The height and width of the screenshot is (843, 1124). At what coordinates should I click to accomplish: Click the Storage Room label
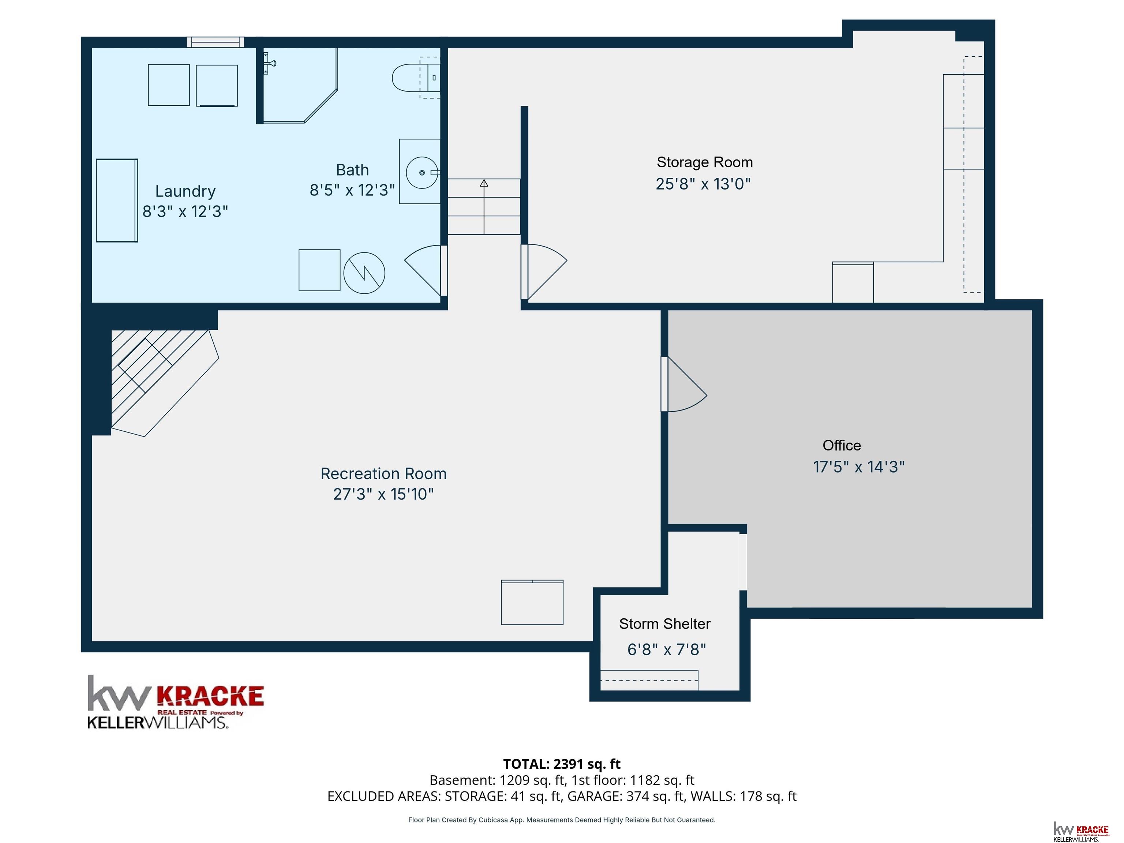point(704,162)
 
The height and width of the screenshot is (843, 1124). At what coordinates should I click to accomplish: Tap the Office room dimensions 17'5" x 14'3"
point(859,467)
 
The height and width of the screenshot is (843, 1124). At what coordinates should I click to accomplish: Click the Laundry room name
point(186,191)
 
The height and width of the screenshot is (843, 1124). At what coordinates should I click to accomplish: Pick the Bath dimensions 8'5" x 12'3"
point(352,190)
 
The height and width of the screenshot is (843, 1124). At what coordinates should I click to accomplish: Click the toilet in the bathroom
point(416,78)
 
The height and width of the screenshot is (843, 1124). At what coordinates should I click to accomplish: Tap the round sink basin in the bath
point(422,173)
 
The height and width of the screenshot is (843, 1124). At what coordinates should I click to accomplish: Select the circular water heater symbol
point(364,273)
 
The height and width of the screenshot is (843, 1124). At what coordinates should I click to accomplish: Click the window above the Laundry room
point(216,42)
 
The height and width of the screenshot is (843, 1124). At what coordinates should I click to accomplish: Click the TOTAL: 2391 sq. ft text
point(562,764)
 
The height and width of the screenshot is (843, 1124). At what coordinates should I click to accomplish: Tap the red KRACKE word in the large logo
point(210,697)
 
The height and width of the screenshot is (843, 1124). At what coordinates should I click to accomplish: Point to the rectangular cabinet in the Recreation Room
point(532,602)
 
